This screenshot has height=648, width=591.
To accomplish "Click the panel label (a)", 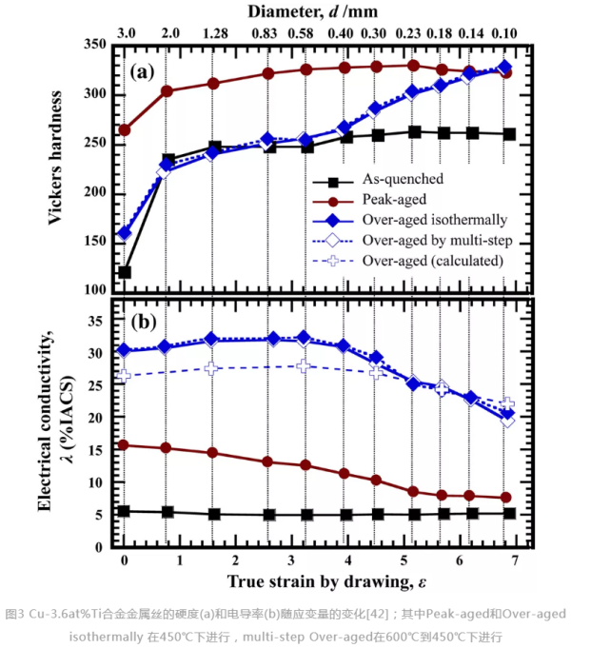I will click(x=143, y=69).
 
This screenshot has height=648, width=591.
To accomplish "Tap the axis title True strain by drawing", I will click(x=319, y=579).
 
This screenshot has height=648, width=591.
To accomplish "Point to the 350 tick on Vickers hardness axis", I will click(x=95, y=45).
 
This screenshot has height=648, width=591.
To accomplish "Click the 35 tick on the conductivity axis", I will click(x=98, y=320).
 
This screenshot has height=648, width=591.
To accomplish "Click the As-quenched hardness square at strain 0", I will click(x=125, y=272).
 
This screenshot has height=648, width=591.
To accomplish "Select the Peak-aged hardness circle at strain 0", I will click(x=125, y=129).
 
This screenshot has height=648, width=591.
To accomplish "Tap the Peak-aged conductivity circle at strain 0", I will click(x=125, y=444).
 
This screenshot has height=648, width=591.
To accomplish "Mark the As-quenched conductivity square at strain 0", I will click(x=125, y=511).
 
